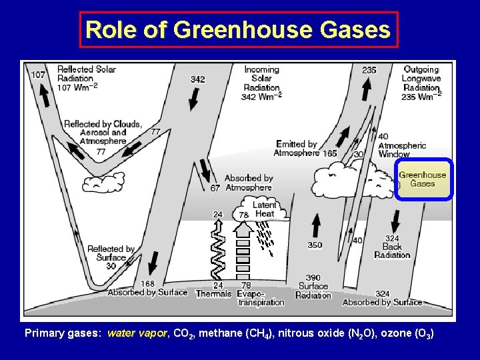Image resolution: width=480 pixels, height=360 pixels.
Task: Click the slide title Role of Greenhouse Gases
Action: (238, 30)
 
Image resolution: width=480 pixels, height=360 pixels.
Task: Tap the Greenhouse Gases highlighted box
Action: (423, 179)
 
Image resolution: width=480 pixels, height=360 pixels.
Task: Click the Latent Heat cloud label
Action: (265, 209)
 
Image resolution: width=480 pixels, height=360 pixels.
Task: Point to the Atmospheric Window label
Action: (402, 150)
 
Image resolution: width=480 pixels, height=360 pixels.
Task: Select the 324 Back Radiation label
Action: (393, 247)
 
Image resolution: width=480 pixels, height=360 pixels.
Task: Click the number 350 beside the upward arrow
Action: (315, 245)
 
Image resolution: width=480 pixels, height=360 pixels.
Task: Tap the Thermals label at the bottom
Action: (213, 293)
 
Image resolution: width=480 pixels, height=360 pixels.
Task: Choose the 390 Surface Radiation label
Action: (313, 287)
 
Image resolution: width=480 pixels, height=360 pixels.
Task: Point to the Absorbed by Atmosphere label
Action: (248, 183)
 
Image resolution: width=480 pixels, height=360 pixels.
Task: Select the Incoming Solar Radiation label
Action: (261, 83)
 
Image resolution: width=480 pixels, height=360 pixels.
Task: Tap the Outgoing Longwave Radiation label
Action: (421, 83)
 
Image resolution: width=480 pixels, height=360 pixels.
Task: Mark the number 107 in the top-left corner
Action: (38, 75)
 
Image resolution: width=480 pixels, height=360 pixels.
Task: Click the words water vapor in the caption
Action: (137, 333)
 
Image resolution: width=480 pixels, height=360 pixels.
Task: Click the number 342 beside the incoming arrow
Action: (197, 79)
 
